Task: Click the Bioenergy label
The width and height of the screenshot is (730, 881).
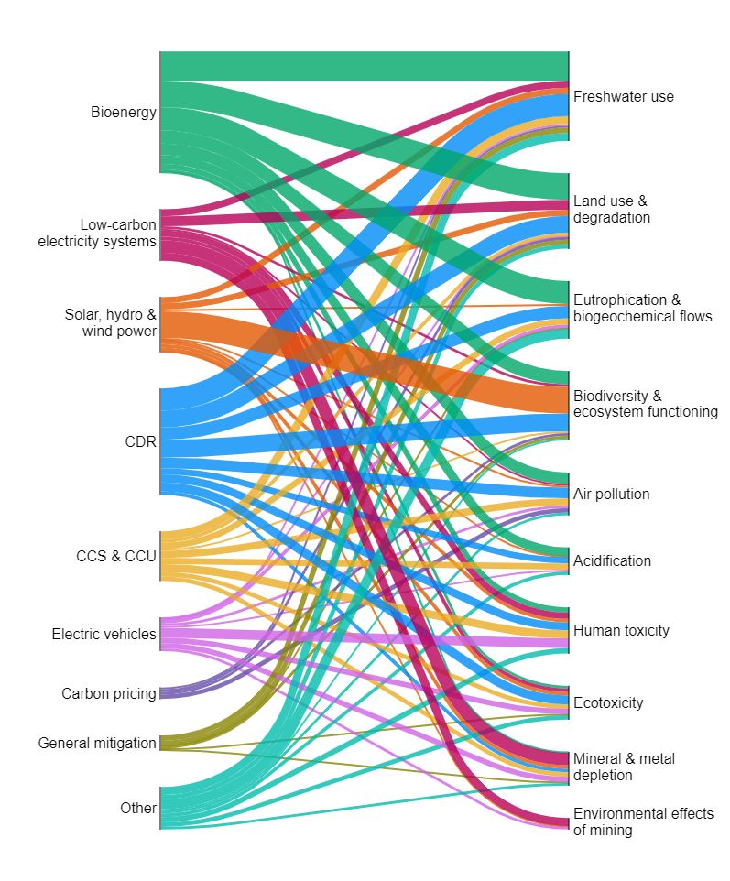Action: [x=123, y=113]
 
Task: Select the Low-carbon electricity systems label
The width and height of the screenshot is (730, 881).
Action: [x=97, y=234]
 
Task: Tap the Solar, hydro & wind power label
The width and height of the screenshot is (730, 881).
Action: [x=110, y=322]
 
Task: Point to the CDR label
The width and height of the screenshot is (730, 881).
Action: [x=140, y=442]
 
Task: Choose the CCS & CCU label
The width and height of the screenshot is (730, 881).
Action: [x=116, y=556]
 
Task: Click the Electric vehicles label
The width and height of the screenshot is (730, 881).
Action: [x=104, y=634]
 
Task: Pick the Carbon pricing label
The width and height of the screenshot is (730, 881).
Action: [x=108, y=693]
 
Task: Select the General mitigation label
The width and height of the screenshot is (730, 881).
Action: [x=97, y=743]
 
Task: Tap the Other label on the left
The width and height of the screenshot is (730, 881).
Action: [x=137, y=808]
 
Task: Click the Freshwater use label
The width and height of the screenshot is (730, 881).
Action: [x=623, y=96]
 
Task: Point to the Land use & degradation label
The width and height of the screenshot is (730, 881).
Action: [x=612, y=209]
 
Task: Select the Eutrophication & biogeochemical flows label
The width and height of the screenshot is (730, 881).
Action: [x=642, y=308]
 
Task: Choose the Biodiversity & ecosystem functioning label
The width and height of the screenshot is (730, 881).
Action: [x=645, y=404]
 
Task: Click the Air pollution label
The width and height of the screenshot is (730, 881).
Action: [x=611, y=495]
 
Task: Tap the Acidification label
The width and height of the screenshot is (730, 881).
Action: [x=612, y=560]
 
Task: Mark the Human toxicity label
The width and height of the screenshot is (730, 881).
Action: [x=621, y=630]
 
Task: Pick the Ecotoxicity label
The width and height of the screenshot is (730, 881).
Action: [x=608, y=702]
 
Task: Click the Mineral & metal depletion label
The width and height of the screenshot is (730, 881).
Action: [x=624, y=767]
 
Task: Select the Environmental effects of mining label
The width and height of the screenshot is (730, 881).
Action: [x=643, y=821]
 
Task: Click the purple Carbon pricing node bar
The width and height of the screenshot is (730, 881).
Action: [x=160, y=693]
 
